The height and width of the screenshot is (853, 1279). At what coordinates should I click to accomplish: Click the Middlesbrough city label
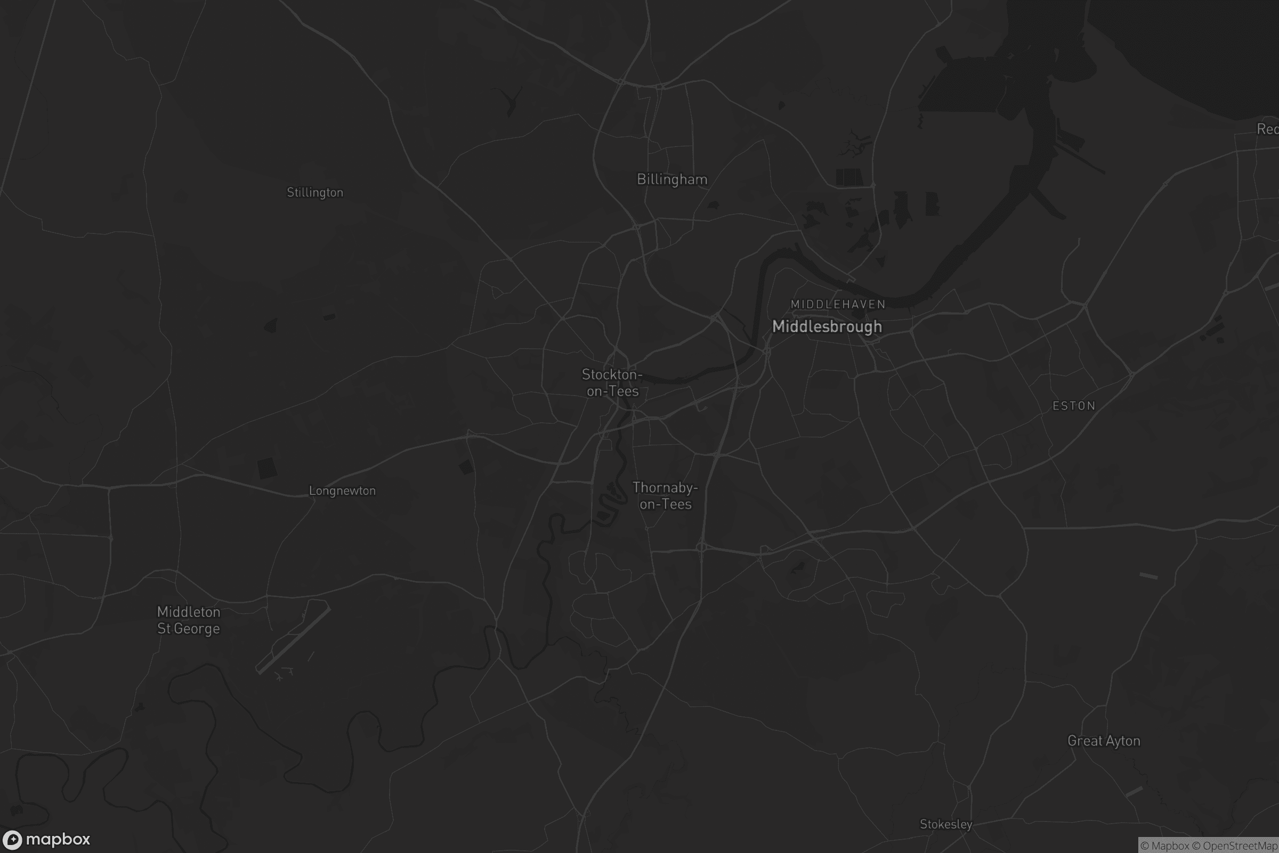pyautogui.click(x=827, y=326)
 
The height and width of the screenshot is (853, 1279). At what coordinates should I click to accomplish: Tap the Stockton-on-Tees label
pyautogui.click(x=612, y=382)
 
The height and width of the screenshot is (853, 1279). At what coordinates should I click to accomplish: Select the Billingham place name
pyautogui.click(x=672, y=180)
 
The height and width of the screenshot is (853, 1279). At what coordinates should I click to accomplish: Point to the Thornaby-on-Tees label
pyautogui.click(x=665, y=496)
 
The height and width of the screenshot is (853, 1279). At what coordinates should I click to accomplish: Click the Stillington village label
pyautogui.click(x=315, y=192)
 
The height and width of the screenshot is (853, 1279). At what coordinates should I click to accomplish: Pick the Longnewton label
pyautogui.click(x=342, y=490)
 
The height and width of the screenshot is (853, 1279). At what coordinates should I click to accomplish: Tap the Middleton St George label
pyautogui.click(x=189, y=620)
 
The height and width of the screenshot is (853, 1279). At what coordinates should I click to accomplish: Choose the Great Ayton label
pyautogui.click(x=1103, y=741)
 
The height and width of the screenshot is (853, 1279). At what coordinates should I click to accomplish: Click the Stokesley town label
pyautogui.click(x=945, y=824)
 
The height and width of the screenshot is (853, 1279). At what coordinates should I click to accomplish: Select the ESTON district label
pyautogui.click(x=1073, y=406)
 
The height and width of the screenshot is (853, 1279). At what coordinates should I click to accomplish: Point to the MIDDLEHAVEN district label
pyautogui.click(x=838, y=304)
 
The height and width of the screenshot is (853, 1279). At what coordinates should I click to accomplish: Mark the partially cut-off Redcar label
pyautogui.click(x=1268, y=129)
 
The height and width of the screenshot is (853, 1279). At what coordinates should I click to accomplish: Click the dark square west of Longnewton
pyautogui.click(x=266, y=468)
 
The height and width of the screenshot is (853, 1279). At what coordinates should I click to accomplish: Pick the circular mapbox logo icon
pyautogui.click(x=12, y=839)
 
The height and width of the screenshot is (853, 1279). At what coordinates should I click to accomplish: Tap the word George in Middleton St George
pyautogui.click(x=197, y=629)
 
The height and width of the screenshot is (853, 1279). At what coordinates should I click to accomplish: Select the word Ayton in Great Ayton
pyautogui.click(x=1123, y=741)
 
